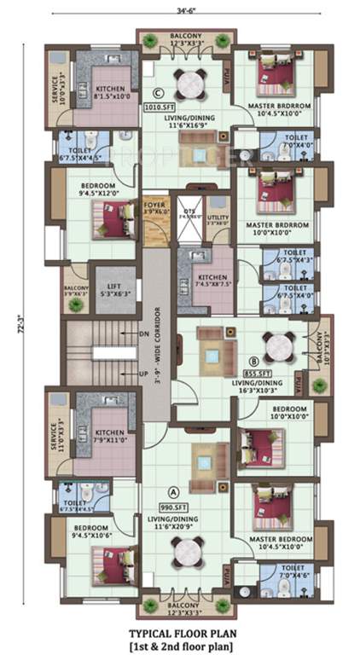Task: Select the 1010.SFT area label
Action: tap(157, 108)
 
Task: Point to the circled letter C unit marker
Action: tap(157, 94)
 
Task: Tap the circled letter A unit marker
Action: tap(174, 490)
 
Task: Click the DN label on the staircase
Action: tap(143, 334)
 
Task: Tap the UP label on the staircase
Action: tap(143, 374)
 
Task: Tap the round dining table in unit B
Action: tap(280, 347)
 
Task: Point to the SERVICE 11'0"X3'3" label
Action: tap(56, 435)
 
